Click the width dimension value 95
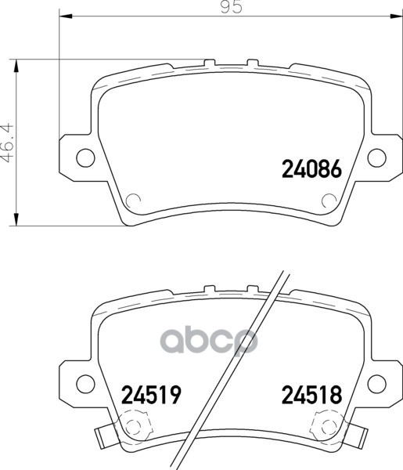(231, 6)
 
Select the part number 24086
(311, 168)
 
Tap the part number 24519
(152, 394)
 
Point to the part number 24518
(311, 394)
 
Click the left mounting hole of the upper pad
(85, 157)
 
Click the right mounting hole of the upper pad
(376, 157)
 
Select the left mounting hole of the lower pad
(85, 384)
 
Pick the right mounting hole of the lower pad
(376, 384)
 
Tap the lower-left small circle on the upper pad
(133, 201)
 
